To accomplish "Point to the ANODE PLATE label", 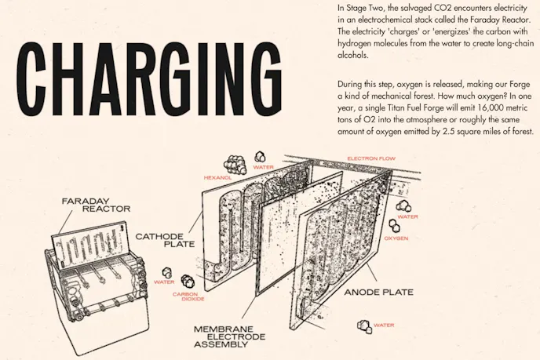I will [x=379, y=292].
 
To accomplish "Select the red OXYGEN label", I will [x=396, y=238].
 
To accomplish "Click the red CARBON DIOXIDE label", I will [x=185, y=297].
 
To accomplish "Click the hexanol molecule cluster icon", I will [x=234, y=163].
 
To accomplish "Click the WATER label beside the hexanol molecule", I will [x=263, y=167].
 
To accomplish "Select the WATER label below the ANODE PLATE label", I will [x=384, y=325].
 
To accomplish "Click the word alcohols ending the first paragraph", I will [x=352, y=56].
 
